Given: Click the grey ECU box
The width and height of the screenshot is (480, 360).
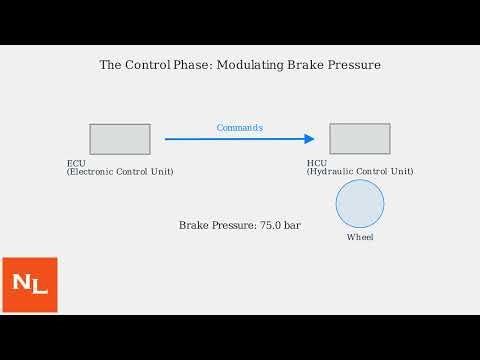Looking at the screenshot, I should coord(120,139).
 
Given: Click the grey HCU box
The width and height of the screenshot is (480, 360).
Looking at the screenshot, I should coord(360,139).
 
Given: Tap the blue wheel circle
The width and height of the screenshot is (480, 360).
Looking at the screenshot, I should coord(360,204).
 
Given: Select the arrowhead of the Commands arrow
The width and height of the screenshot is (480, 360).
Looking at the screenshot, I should coord(310,139).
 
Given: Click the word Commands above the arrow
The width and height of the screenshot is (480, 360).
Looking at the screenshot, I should coord(240,127).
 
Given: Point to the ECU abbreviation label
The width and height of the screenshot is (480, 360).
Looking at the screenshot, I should coord(76,163).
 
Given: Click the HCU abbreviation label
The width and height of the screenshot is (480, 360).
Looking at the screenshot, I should coord(317,163).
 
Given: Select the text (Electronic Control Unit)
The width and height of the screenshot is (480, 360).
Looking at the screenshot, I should coord(120,172).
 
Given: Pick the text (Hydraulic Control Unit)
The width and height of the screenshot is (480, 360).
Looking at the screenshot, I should coord(360,172).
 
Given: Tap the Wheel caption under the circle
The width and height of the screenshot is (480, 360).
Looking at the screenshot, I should coord(360,237).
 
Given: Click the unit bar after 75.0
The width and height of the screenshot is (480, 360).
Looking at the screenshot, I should coord(292,226).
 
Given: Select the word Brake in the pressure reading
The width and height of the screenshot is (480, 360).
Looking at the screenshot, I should coord(194,226).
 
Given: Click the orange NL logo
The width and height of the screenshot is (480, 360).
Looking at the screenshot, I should coord(30,285).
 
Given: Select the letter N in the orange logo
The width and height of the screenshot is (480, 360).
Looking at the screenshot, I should coord(21,283).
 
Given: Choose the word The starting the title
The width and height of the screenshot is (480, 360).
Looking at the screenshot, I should coord(110,65).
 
